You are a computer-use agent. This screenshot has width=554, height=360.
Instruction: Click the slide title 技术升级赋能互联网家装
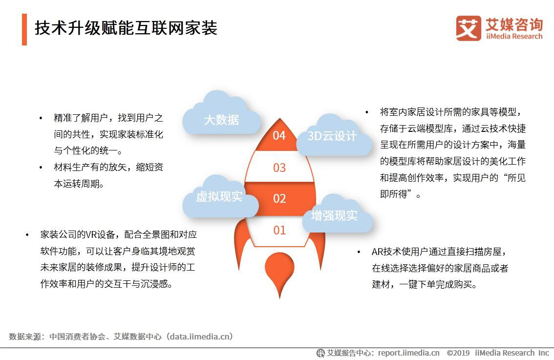coord(126,28)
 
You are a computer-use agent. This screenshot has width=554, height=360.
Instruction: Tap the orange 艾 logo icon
coord(469,28)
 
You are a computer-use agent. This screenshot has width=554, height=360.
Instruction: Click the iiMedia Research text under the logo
coord(514,36)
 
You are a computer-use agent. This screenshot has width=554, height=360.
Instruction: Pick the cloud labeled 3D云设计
coord(334,135)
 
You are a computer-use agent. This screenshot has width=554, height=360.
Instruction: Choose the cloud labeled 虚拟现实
coord(220,196)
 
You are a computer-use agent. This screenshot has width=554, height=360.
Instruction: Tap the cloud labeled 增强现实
coord(337,214)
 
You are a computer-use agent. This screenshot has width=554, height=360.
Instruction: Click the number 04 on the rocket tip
coord(279,135)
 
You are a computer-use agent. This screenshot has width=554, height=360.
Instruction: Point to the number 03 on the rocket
coord(279,168)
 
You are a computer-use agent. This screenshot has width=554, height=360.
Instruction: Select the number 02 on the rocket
coord(279,198)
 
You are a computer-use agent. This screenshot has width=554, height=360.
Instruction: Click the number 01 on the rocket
coord(279,231)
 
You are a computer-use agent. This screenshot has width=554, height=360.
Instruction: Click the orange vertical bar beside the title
coord(24,29)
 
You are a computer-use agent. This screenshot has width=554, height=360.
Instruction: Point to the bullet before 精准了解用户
coord(41,118)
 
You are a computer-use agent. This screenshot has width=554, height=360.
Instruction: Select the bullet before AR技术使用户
coord(359,252)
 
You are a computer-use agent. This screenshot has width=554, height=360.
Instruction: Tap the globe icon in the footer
coord(320,353)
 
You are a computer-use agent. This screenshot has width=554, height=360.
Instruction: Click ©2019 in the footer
coord(458,353)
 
